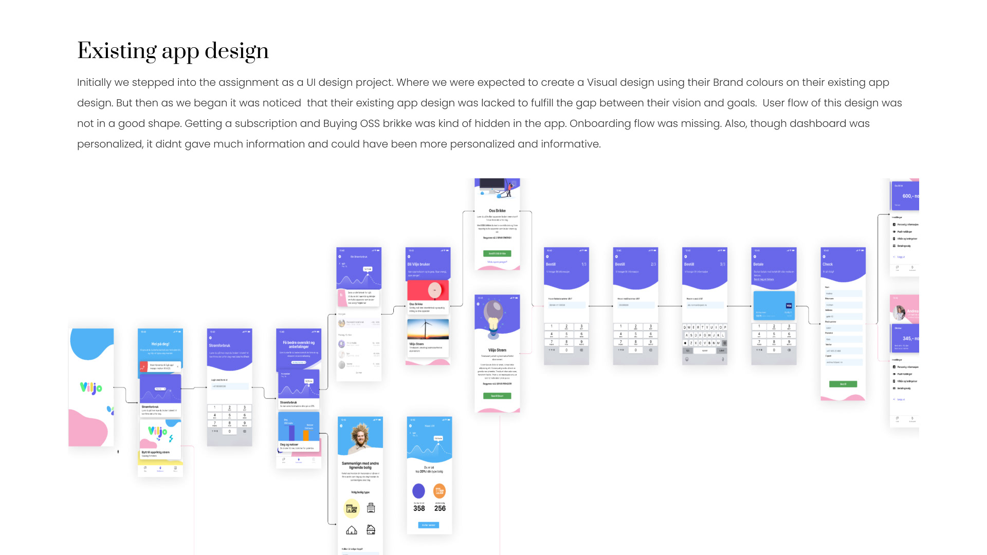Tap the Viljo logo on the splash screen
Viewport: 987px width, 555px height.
point(91,388)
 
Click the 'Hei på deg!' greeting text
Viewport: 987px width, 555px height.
point(160,344)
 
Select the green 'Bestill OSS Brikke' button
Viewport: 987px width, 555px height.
point(497,253)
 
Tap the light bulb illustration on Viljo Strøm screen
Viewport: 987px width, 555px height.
point(494,317)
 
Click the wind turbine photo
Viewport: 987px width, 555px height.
point(428,328)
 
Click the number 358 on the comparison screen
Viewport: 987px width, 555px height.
point(419,508)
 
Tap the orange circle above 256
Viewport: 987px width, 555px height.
point(440,491)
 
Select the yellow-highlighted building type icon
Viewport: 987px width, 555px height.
point(352,508)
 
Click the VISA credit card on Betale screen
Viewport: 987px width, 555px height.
point(774,305)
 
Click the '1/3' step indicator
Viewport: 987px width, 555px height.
point(583,264)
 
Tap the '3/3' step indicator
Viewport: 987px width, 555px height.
point(722,264)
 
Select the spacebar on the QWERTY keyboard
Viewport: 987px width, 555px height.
point(705,350)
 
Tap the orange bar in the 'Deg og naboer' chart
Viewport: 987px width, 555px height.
point(306,435)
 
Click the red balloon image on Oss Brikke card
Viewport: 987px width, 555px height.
point(435,290)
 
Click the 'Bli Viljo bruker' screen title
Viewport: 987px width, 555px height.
point(419,264)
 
